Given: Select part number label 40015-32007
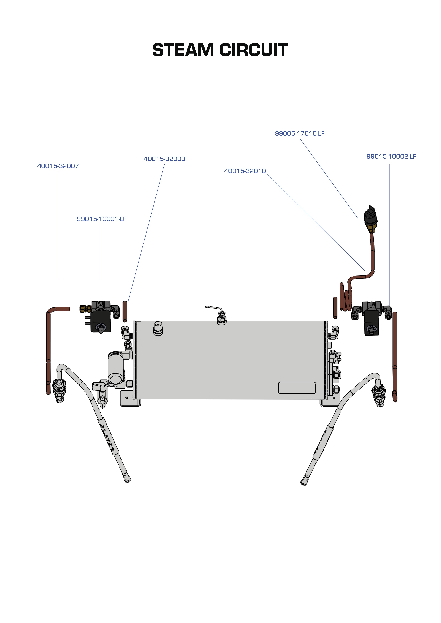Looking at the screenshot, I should tap(58, 166).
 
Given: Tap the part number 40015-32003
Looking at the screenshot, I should tap(164, 159).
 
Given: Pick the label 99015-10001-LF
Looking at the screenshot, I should tap(102, 219).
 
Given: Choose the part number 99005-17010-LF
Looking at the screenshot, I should tap(300, 134).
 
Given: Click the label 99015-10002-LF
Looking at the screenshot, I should tap(391, 157).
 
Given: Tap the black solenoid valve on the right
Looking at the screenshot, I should tap(372, 323).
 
